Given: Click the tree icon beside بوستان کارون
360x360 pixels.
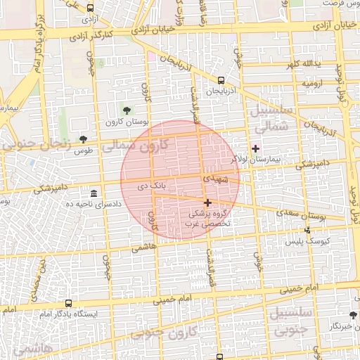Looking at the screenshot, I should tap(127, 110).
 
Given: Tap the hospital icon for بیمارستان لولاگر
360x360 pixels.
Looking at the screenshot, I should tap(255, 148).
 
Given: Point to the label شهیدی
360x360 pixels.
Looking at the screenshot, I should tap(217, 180).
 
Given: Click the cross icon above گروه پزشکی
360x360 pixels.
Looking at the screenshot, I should tap(207, 202).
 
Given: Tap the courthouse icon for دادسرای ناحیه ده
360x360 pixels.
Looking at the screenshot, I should tap(94, 193).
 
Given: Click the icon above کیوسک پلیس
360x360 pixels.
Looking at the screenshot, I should tap(307, 230).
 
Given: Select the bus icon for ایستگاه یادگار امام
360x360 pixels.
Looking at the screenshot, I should tap(68, 303).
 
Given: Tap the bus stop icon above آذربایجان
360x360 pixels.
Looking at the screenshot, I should tap(222, 81).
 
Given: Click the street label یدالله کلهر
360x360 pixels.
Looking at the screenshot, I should tap(302, 65).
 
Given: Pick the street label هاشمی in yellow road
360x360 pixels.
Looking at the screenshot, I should tap(144, 247).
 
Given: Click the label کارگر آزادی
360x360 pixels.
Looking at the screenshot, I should tap(112, 34).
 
